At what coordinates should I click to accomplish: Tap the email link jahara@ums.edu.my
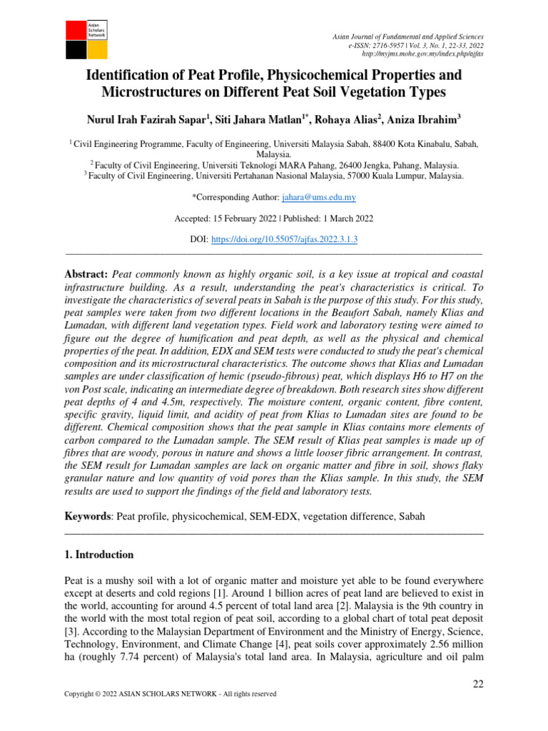[x=319, y=196]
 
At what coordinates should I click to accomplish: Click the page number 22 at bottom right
[x=479, y=685]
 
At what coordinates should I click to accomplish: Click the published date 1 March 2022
[x=342, y=218]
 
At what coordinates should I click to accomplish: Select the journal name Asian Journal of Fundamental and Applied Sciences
[x=409, y=36]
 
